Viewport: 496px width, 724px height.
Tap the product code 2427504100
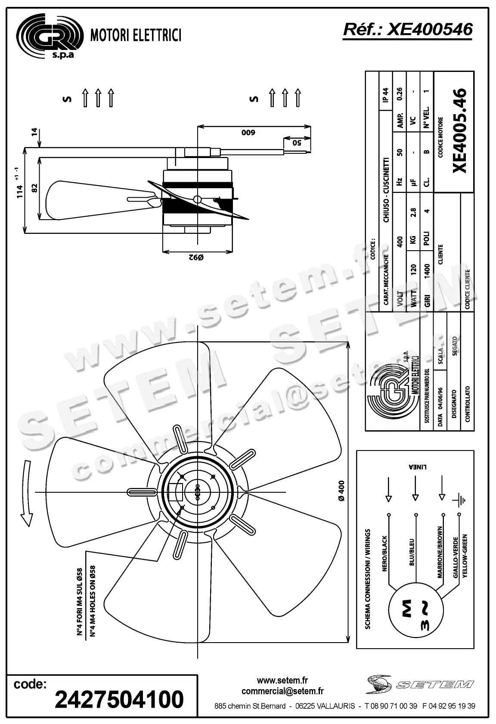point(119,699)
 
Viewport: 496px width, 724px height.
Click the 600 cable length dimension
point(248,133)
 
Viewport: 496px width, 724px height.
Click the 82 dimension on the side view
point(35,188)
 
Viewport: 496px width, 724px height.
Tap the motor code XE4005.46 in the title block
point(459,130)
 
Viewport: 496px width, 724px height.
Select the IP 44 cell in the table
point(385,95)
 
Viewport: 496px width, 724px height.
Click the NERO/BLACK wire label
point(385,553)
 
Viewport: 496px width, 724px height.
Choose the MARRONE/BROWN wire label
point(440,552)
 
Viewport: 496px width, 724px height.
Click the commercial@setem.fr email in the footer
point(282,691)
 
